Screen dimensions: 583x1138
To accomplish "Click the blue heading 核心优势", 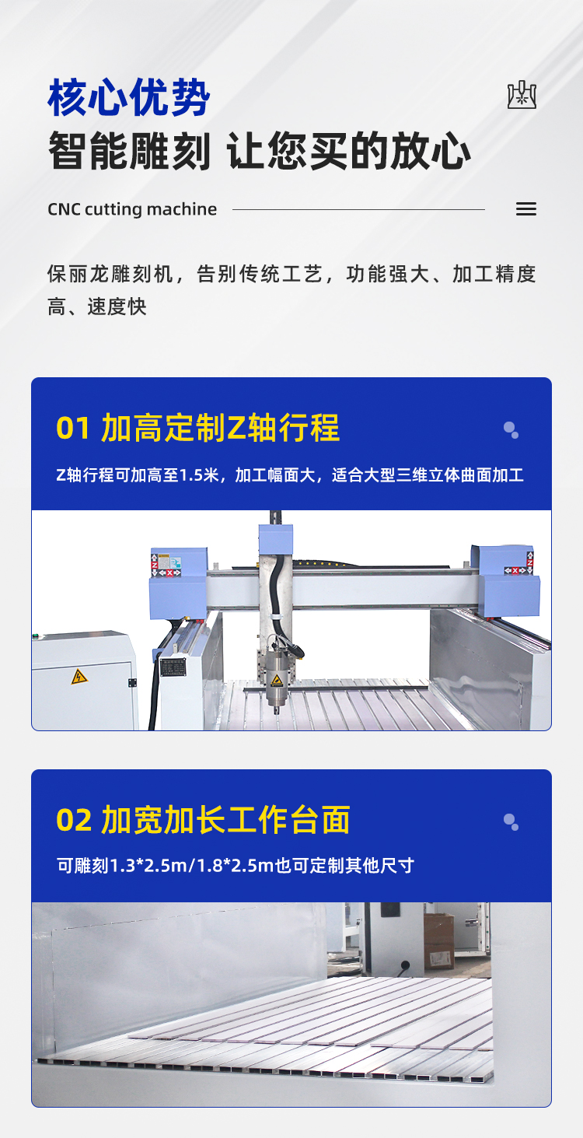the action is [129, 97].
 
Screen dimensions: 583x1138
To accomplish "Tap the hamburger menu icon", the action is [526, 208].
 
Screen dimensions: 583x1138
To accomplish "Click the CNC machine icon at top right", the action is [522, 94].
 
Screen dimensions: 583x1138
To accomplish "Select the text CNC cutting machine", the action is [132, 209].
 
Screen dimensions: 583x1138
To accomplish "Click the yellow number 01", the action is [72, 429].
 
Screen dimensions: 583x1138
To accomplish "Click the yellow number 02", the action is [74, 820].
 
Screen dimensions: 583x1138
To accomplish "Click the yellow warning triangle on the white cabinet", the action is [79, 677].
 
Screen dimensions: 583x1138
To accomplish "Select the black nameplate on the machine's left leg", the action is [173, 667].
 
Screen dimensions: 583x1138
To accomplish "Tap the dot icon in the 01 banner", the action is [511, 430].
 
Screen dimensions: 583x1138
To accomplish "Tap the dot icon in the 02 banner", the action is [511, 822].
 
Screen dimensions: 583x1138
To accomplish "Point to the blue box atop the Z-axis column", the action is [276, 540].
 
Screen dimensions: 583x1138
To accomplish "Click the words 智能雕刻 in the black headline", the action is [129, 151].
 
